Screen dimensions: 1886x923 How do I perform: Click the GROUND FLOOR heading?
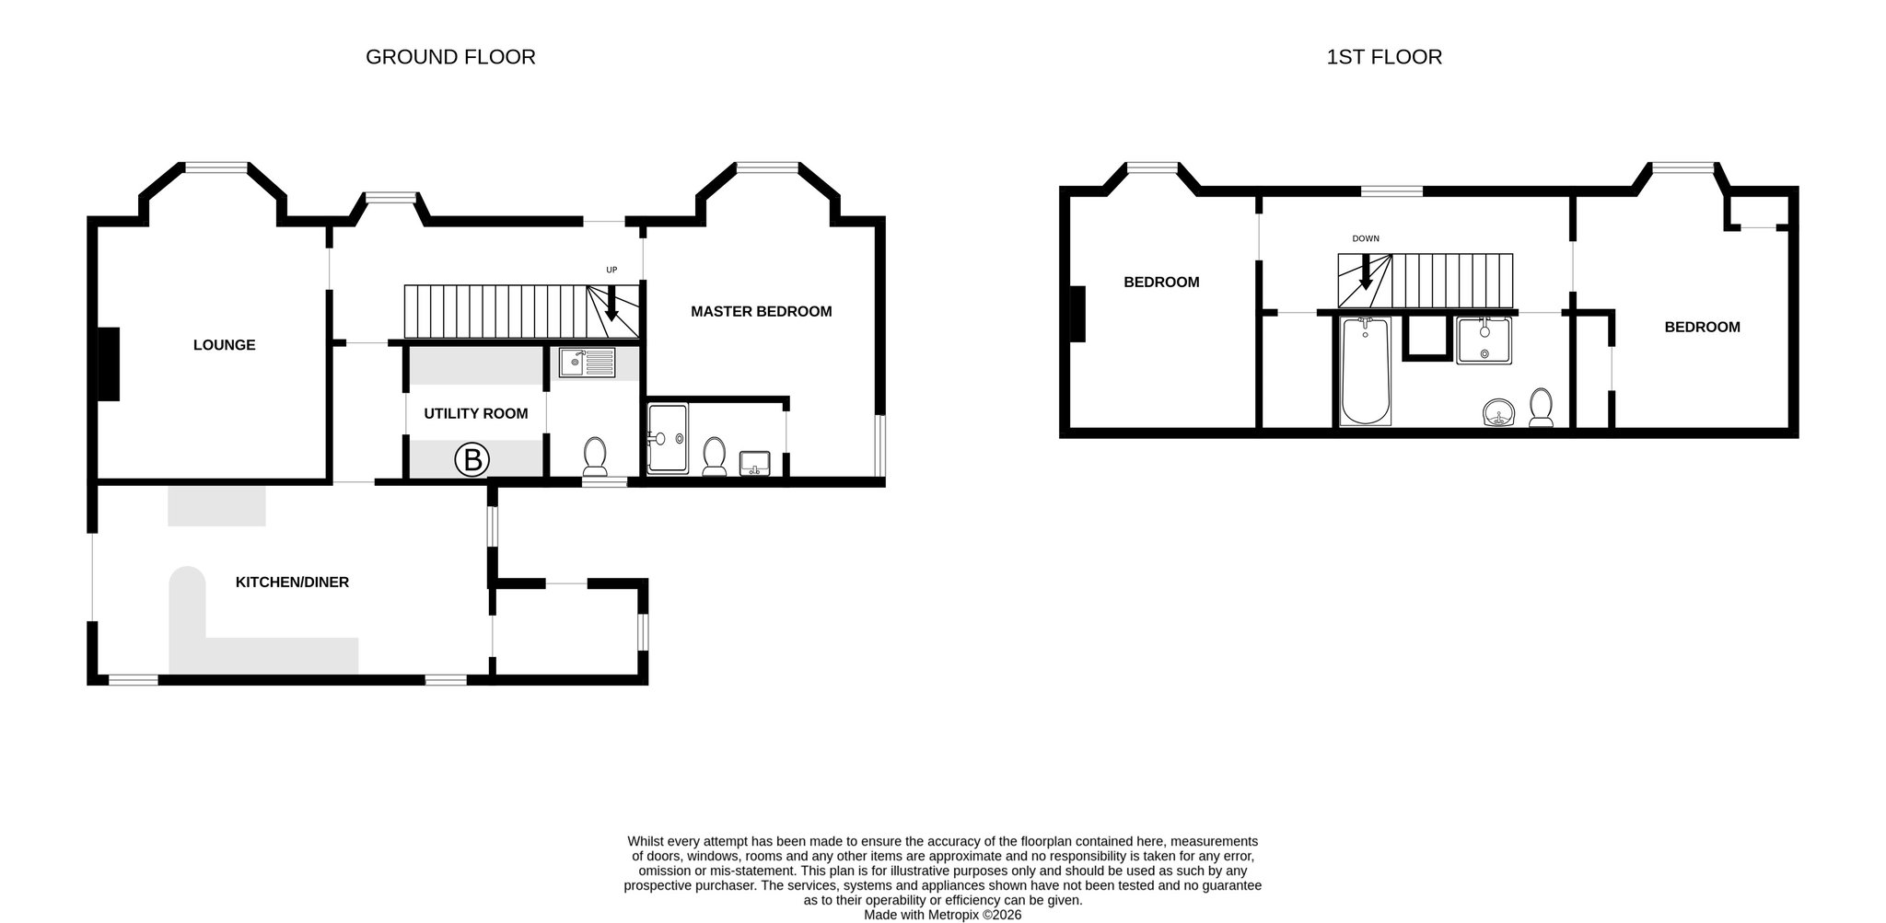pyautogui.click(x=450, y=57)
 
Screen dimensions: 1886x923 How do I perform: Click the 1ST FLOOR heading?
pyautogui.click(x=1384, y=57)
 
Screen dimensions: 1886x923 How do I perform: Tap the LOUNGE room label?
pyautogui.click(x=224, y=345)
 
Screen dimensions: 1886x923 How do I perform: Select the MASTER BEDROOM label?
pyautogui.click(x=762, y=312)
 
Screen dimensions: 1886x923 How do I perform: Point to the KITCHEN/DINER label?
pyautogui.click(x=292, y=583)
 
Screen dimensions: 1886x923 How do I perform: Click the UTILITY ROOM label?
pyautogui.click(x=476, y=414)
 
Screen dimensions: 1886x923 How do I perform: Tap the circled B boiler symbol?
pyautogui.click(x=472, y=459)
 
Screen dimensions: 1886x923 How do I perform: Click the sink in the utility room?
pyautogui.click(x=587, y=363)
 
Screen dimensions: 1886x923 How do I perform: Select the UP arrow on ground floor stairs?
pyautogui.click(x=611, y=303)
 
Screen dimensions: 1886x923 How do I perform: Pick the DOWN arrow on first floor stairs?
pyautogui.click(x=1365, y=271)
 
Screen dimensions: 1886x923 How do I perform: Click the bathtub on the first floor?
pyautogui.click(x=1366, y=371)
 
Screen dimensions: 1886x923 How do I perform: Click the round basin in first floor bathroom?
pyautogui.click(x=1499, y=413)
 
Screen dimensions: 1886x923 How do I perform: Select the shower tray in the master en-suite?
pyautogui.click(x=668, y=439)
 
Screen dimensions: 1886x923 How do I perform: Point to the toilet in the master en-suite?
pyautogui.click(x=714, y=456)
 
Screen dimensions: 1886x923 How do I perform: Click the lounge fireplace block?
pyautogui.click(x=109, y=364)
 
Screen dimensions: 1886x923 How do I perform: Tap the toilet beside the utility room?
pyautogui.click(x=595, y=456)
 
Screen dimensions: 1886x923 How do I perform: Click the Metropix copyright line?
pyautogui.click(x=942, y=916)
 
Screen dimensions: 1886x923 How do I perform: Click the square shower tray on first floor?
pyautogui.click(x=1484, y=340)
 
